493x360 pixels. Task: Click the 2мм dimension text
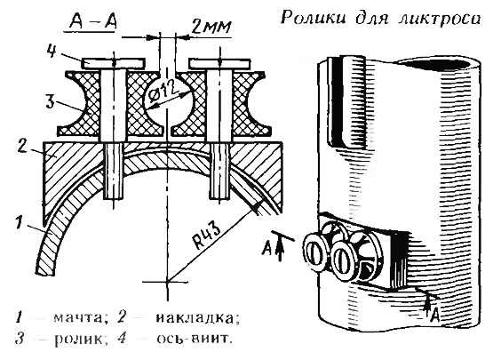(x=211, y=28)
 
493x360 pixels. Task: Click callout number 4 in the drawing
(x=52, y=51)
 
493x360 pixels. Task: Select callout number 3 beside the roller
(x=51, y=101)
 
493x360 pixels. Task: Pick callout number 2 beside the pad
(x=22, y=147)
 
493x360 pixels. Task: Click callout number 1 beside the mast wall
(x=20, y=222)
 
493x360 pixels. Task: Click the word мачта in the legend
(x=78, y=318)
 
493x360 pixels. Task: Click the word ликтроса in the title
(x=440, y=20)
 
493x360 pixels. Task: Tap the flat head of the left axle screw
(x=114, y=63)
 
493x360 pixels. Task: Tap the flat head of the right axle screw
(x=219, y=64)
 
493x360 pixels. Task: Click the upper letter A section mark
(x=266, y=249)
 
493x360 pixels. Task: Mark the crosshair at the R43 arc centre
(x=167, y=281)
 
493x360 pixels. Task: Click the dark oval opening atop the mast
(x=436, y=65)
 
